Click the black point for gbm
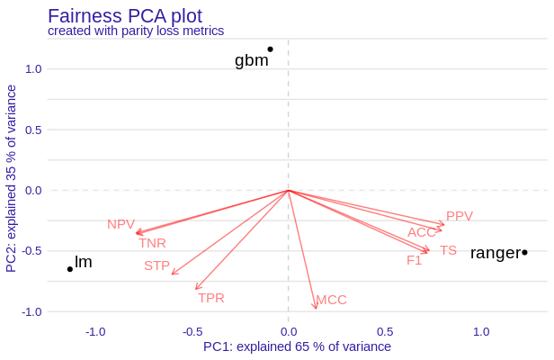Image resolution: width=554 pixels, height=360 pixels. coord(270,49)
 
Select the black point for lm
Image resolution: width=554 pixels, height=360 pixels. coord(70,269)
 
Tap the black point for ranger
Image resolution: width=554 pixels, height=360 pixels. coord(524,252)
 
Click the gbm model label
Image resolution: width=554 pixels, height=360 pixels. coord(251,60)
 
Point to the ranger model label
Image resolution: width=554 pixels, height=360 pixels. coord(495,253)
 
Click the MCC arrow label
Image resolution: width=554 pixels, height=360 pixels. coord(331,300)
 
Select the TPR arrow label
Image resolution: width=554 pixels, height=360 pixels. coord(211,298)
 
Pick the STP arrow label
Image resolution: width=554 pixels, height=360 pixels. coord(156,265)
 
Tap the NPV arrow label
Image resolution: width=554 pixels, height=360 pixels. coord(121,224)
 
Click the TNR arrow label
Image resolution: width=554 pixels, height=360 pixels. coord(152,243)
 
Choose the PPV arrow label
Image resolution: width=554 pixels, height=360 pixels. coord(459,216)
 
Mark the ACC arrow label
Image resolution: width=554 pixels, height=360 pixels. coord(421,232)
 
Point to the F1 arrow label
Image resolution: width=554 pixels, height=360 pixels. coord(414,260)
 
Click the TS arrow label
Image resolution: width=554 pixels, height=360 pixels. coord(448,250)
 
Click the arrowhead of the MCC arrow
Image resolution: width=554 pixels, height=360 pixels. coord(316,309)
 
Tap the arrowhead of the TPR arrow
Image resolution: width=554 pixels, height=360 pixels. coord(196,289)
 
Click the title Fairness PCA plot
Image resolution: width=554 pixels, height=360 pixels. coord(124,15)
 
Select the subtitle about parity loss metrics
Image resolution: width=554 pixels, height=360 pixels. coord(135,31)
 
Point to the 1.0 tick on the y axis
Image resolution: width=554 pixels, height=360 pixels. coord(32,68)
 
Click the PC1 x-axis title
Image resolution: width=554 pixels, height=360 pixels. coord(297,346)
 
